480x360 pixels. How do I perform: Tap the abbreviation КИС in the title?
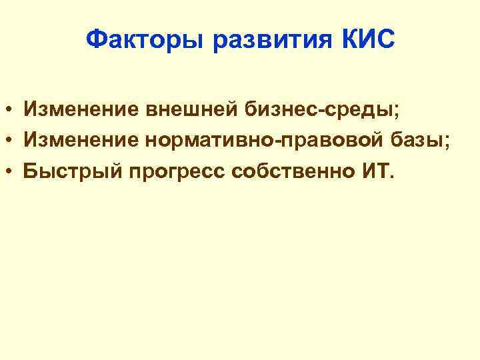(368, 41)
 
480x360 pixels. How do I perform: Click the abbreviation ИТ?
(374, 171)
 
